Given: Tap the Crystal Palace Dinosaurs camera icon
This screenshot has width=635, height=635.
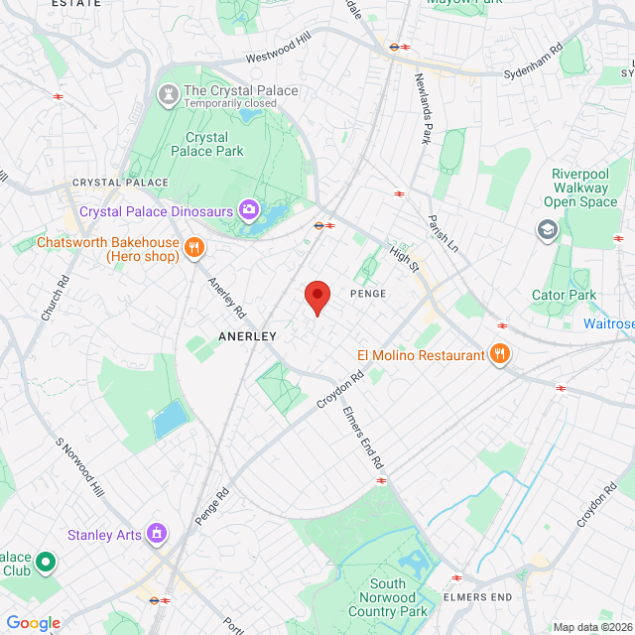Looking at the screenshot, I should tap(248, 210).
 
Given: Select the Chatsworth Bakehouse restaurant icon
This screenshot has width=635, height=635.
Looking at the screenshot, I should tap(194, 248).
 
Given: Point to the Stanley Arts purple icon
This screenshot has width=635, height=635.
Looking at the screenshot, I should tap(156, 535).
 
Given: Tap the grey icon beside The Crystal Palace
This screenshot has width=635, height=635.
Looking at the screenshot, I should tap(167, 95).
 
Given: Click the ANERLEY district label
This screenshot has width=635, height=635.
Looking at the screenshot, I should tap(247, 337).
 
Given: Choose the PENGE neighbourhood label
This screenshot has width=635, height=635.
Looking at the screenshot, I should tap(367, 294).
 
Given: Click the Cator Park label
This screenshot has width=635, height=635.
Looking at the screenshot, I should tap(564, 295).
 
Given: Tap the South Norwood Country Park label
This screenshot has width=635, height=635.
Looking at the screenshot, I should tap(401, 597).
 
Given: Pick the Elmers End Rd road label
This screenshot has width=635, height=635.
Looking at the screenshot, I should tap(363, 437).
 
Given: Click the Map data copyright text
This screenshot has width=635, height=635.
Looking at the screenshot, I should tap(590, 626).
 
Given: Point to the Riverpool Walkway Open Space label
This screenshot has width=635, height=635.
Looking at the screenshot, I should tap(584, 188).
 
